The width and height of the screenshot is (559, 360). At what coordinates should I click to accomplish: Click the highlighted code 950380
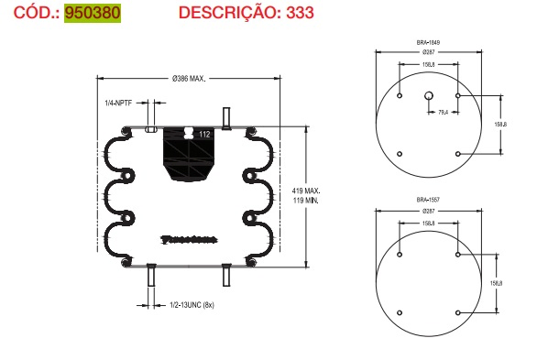click(x=92, y=14)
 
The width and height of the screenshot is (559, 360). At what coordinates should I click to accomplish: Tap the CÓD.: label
click(x=30, y=14)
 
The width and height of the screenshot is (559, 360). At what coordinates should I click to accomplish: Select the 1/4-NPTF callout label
click(x=119, y=102)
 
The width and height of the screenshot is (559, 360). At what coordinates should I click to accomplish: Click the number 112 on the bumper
click(x=203, y=135)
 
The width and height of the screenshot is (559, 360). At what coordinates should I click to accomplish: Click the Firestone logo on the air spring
click(x=187, y=239)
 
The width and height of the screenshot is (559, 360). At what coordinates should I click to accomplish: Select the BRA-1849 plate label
click(x=429, y=43)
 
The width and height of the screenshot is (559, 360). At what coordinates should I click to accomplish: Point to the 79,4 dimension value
click(x=443, y=113)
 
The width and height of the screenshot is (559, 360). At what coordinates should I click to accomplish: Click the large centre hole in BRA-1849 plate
click(x=429, y=95)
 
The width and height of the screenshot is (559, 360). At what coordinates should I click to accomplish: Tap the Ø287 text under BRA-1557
click(x=429, y=211)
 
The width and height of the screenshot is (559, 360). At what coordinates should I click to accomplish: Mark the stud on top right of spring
click(x=225, y=117)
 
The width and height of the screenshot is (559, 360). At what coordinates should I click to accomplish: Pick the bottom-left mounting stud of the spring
click(x=151, y=275)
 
